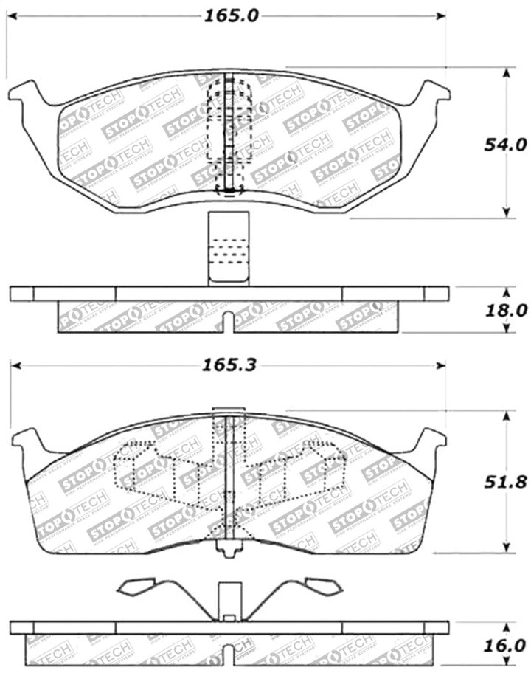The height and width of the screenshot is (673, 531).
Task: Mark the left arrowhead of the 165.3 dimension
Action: [15, 365]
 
